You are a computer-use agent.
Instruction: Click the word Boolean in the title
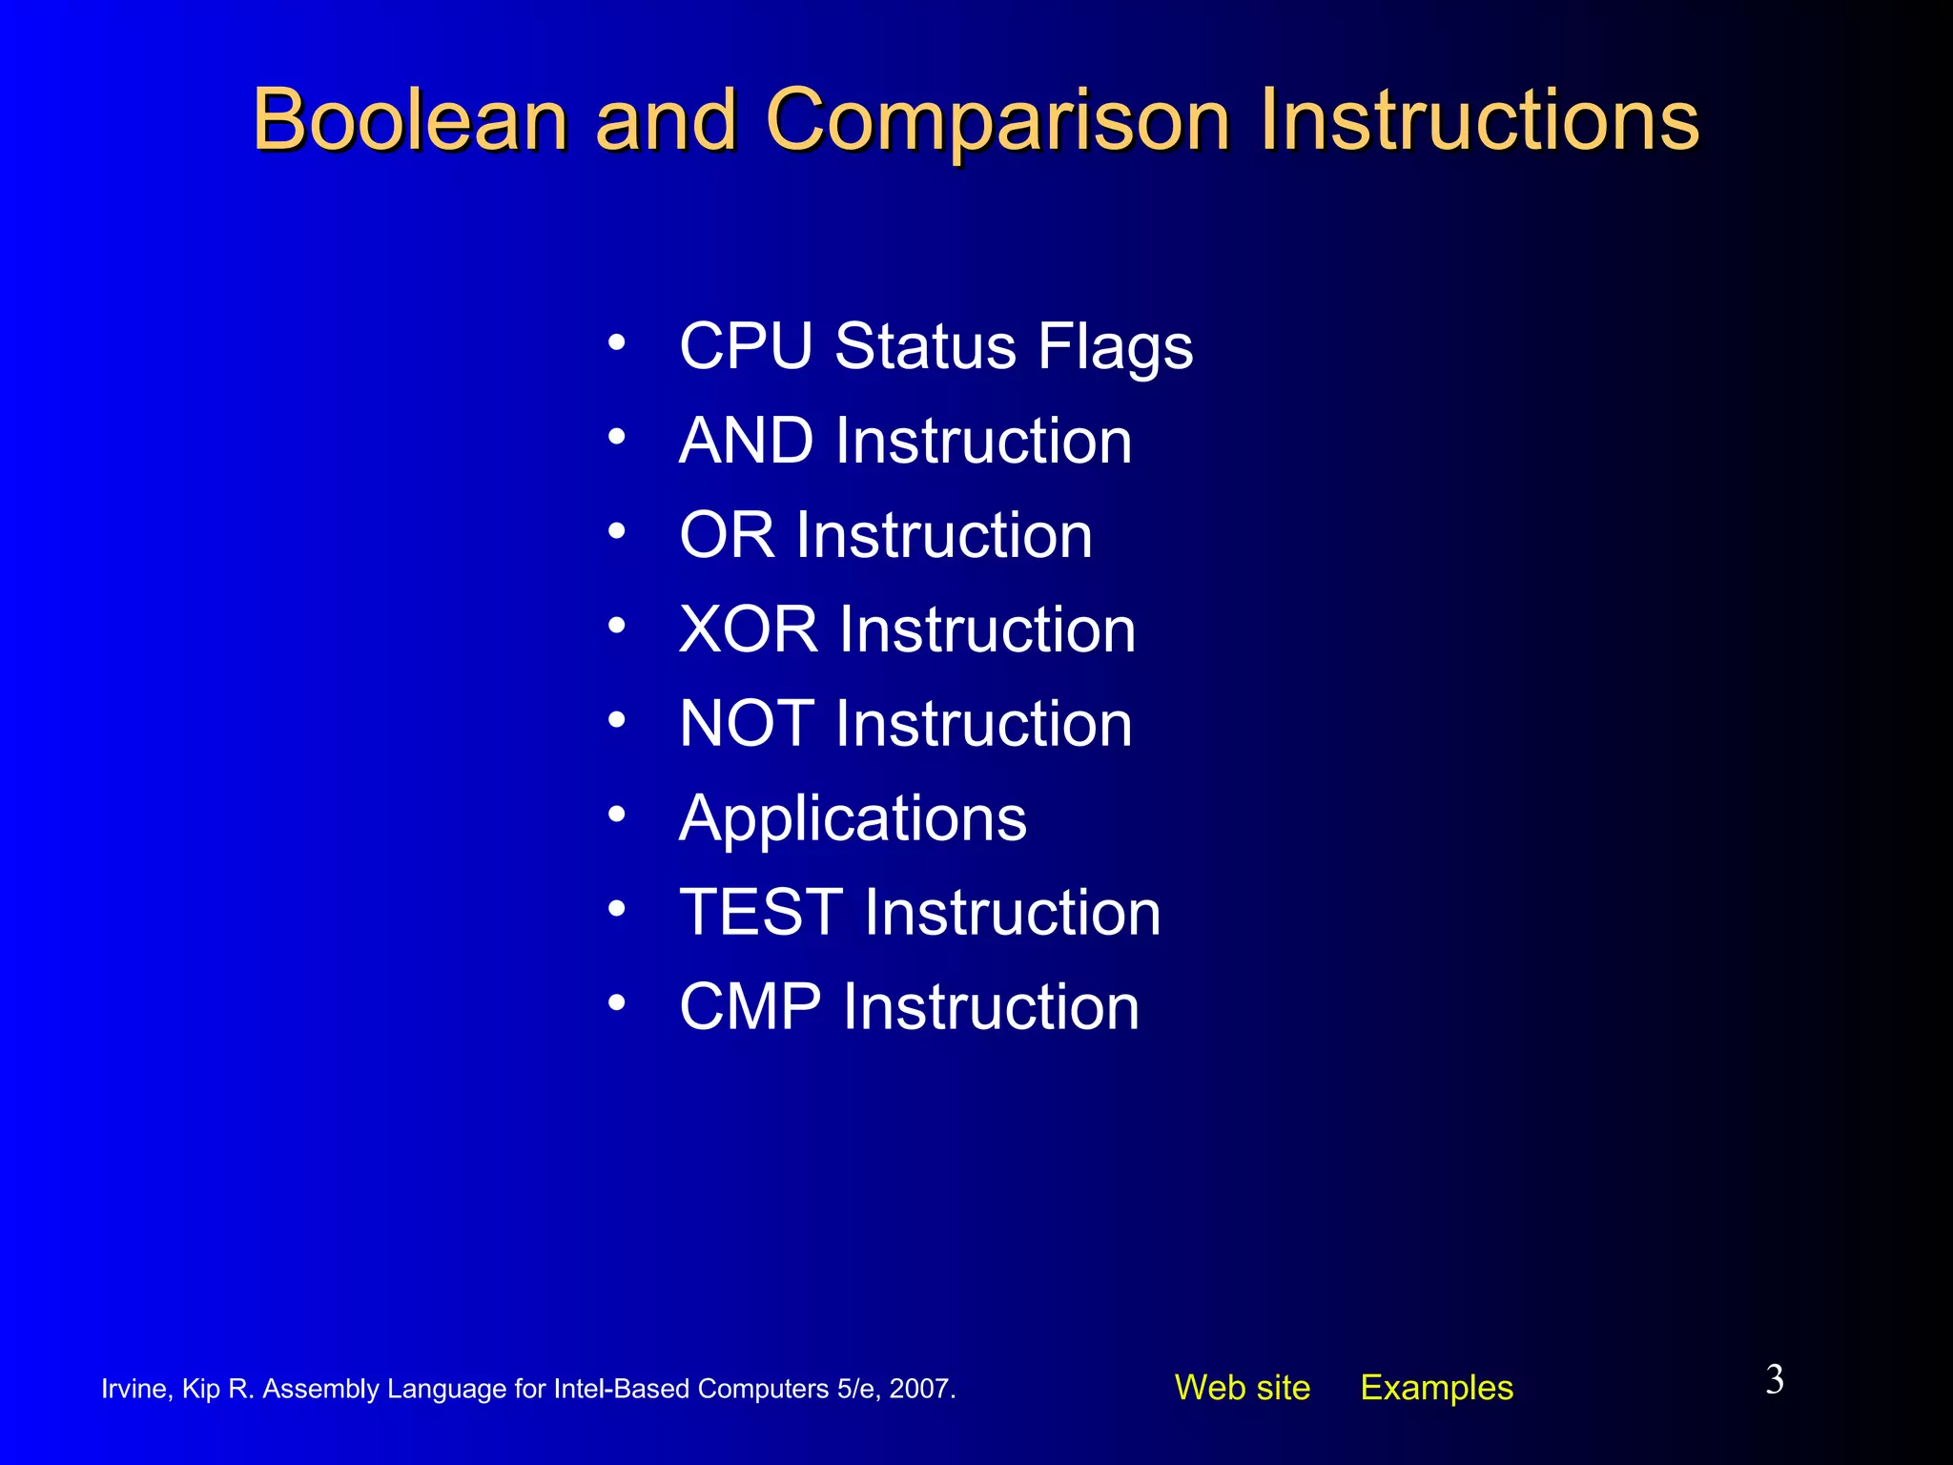pyautogui.click(x=410, y=120)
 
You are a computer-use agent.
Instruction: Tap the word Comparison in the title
pyautogui.click(x=997, y=120)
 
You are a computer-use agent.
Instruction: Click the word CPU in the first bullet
pyautogui.click(x=746, y=345)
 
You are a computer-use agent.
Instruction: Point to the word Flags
pyautogui.click(x=1115, y=345)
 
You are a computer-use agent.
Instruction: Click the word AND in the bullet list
pyautogui.click(x=746, y=441)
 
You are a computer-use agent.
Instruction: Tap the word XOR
pyautogui.click(x=749, y=629)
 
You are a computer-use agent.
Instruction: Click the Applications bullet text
pyautogui.click(x=853, y=818)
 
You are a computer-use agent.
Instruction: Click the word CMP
pyautogui.click(x=750, y=1007)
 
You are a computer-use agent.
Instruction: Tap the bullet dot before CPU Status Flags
pyautogui.click(x=617, y=342)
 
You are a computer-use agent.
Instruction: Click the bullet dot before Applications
pyautogui.click(x=617, y=815)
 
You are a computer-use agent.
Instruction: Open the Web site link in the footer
pyautogui.click(x=1242, y=1388)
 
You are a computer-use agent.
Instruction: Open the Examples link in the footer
pyautogui.click(x=1436, y=1388)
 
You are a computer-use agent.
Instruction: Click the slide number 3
pyautogui.click(x=1774, y=1380)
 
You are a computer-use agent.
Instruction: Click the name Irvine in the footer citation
pyautogui.click(x=134, y=1389)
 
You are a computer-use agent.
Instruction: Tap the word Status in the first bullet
pyautogui.click(x=925, y=345)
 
